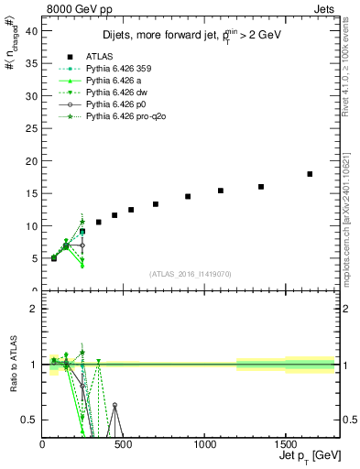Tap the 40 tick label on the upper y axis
tap(31, 29)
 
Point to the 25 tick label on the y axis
tap(31, 127)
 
